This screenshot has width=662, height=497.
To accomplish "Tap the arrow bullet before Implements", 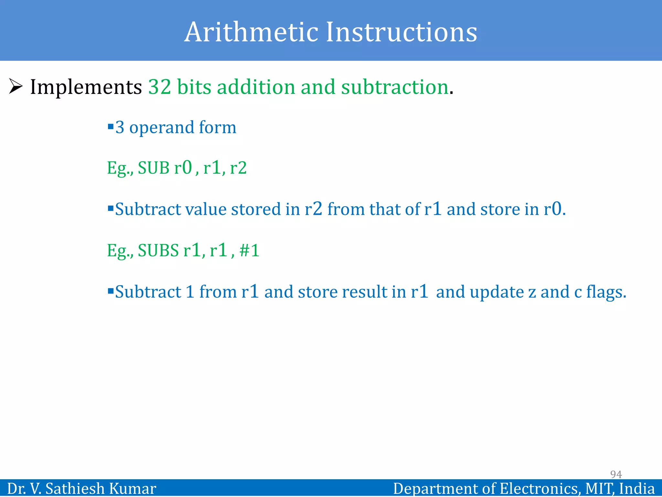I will pos(16,86).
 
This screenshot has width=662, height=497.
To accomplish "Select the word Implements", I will pos(86,87).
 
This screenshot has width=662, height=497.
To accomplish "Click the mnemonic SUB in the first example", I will pos(154,168).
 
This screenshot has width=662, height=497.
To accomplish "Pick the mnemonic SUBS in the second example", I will pos(158,250).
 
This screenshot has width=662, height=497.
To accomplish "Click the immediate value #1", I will pos(250,250).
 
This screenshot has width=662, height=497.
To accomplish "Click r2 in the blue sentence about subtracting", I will pos(313,209).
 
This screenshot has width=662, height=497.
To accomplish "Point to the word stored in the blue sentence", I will pos(256,209).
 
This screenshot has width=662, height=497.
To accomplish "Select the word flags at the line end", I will pos(606,292).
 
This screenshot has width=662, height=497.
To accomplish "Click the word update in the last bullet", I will pos(497,292).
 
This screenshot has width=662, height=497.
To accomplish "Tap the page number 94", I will pos(616,474).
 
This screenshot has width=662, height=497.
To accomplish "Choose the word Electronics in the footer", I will pos(539,489).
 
